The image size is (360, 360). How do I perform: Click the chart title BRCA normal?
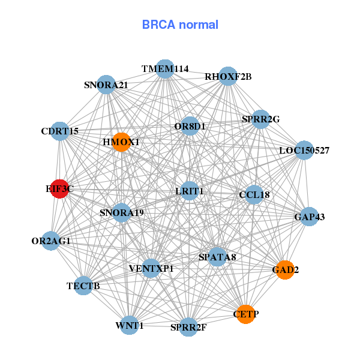(x=180, y=25)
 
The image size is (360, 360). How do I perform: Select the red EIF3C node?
(x=59, y=189)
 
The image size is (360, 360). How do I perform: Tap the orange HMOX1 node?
(x=121, y=142)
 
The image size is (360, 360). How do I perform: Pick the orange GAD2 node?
(x=285, y=270)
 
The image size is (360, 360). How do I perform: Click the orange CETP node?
(x=245, y=314)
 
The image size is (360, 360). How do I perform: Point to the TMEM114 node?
(x=165, y=69)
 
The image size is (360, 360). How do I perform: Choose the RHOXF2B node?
(x=228, y=76)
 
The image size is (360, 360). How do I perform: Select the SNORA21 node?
(x=106, y=85)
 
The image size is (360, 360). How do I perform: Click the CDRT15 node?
(x=60, y=131)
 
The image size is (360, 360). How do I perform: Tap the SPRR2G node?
(x=260, y=119)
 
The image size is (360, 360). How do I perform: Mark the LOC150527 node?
(x=304, y=150)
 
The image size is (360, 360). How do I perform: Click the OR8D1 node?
(x=190, y=127)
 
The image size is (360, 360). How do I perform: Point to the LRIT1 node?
(x=190, y=191)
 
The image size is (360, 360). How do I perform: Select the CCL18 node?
(x=254, y=194)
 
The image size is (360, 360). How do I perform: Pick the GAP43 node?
(x=309, y=217)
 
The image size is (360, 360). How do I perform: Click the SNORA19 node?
(x=122, y=212)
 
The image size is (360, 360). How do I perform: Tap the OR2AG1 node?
(x=51, y=241)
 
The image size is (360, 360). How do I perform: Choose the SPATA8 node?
(x=217, y=257)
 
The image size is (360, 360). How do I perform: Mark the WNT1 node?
(x=130, y=326)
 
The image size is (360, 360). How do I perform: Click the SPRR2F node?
(x=188, y=327)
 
